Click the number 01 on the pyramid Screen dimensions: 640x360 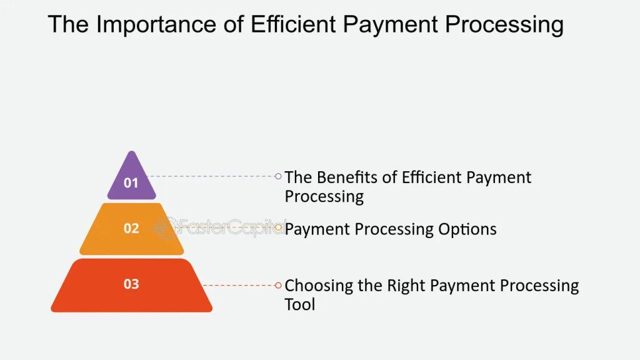tap(131, 183)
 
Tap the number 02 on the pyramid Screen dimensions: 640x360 tap(131, 228)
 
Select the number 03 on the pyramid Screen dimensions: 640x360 tap(131, 284)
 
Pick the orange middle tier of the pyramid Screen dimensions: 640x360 tap(131, 229)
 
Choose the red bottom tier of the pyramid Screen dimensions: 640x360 tap(131, 285)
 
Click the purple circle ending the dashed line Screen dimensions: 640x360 tap(278, 176)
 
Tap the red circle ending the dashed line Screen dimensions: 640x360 tap(278, 285)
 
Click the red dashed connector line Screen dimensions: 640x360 tap(239, 285)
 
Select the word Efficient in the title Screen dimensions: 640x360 tap(292, 24)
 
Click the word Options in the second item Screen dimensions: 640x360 tap(467, 230)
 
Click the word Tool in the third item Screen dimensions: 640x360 tap(300, 304)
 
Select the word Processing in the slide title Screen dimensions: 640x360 tap(504, 25)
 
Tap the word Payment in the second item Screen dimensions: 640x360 tap(318, 230)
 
